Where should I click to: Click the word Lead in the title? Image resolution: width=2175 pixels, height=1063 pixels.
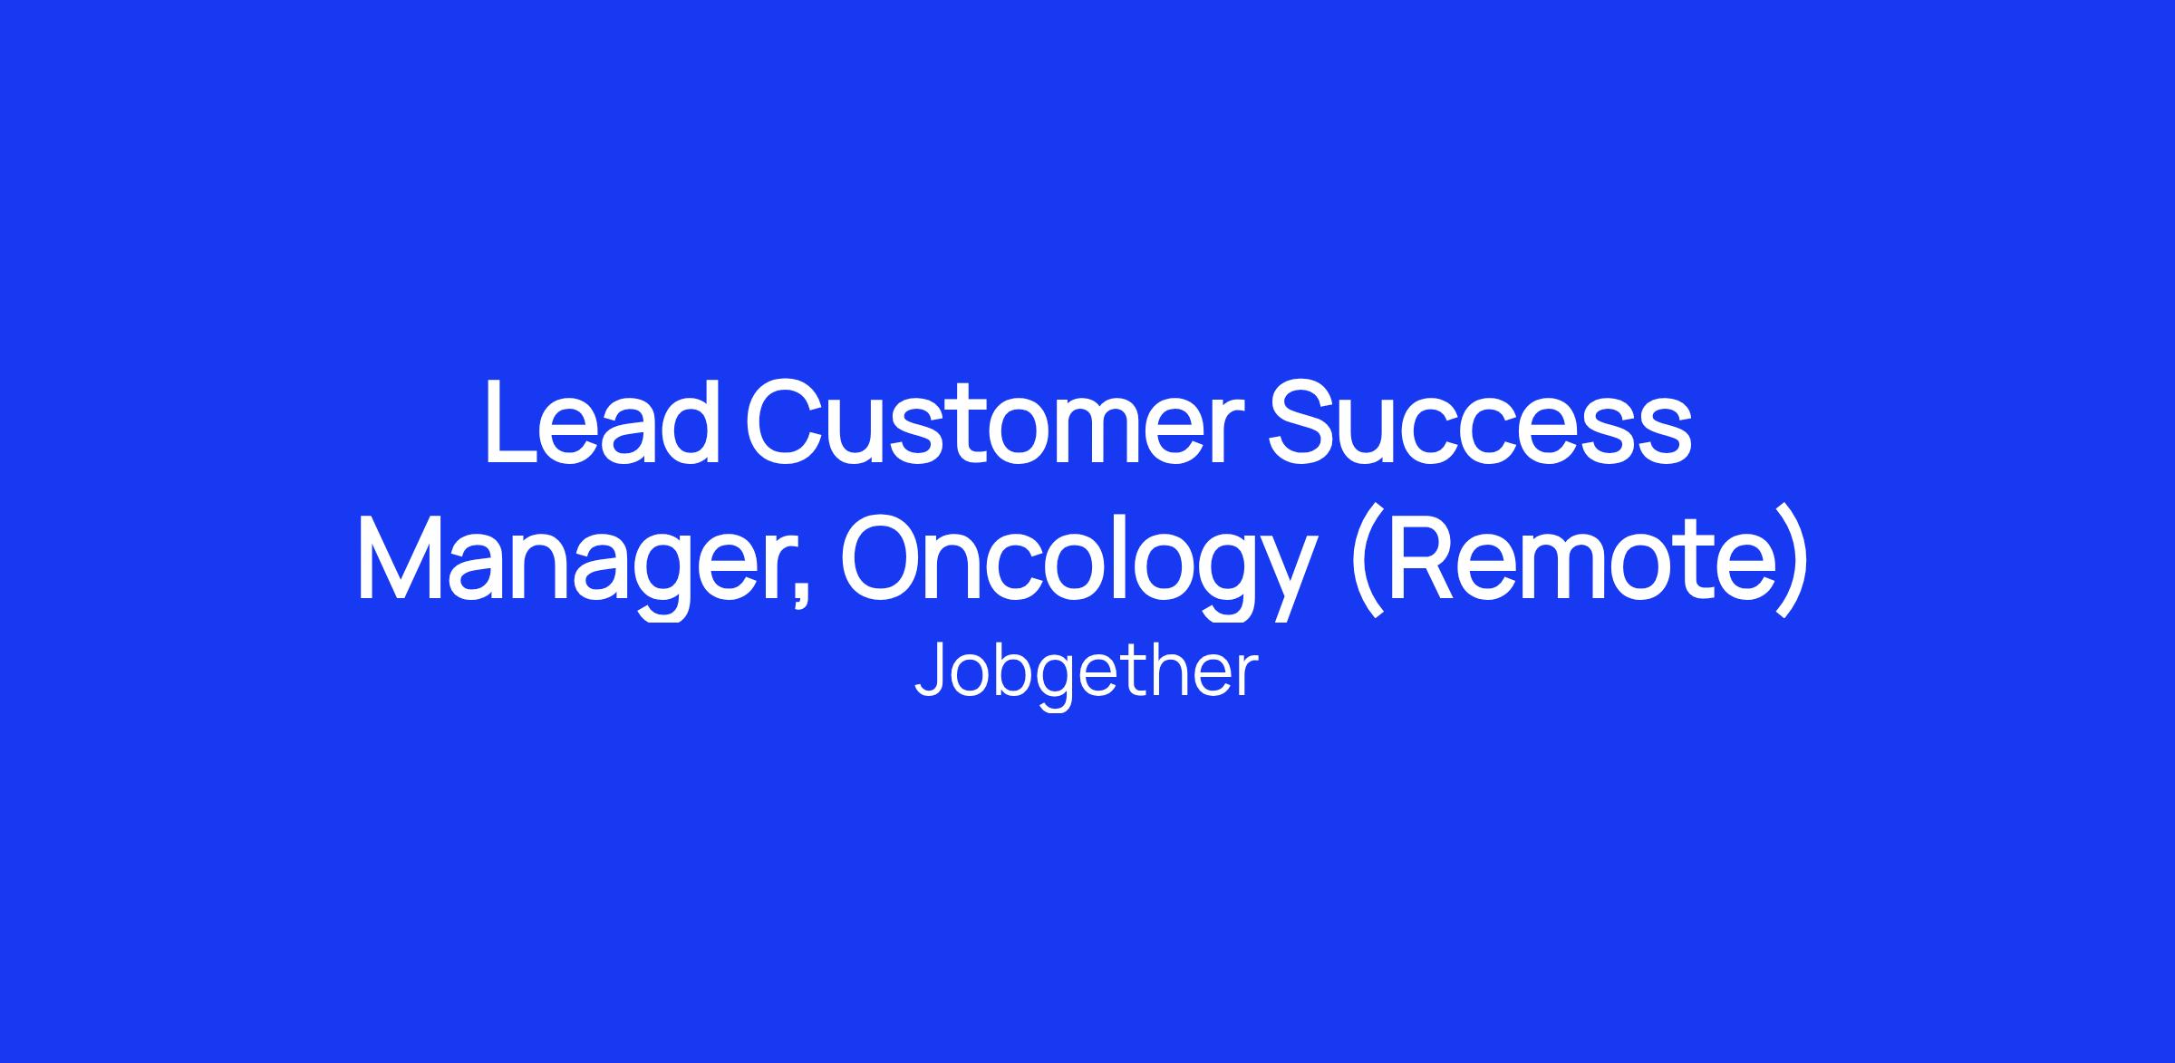(603, 421)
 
